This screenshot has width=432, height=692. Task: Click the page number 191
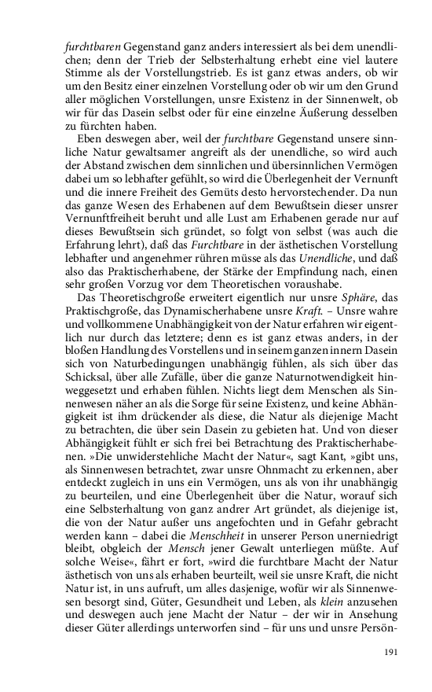pos(390,652)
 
